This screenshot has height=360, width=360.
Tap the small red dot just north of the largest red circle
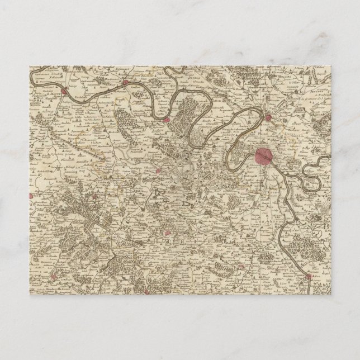(x=269, y=117)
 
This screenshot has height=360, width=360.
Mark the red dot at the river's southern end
(x=308, y=276)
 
